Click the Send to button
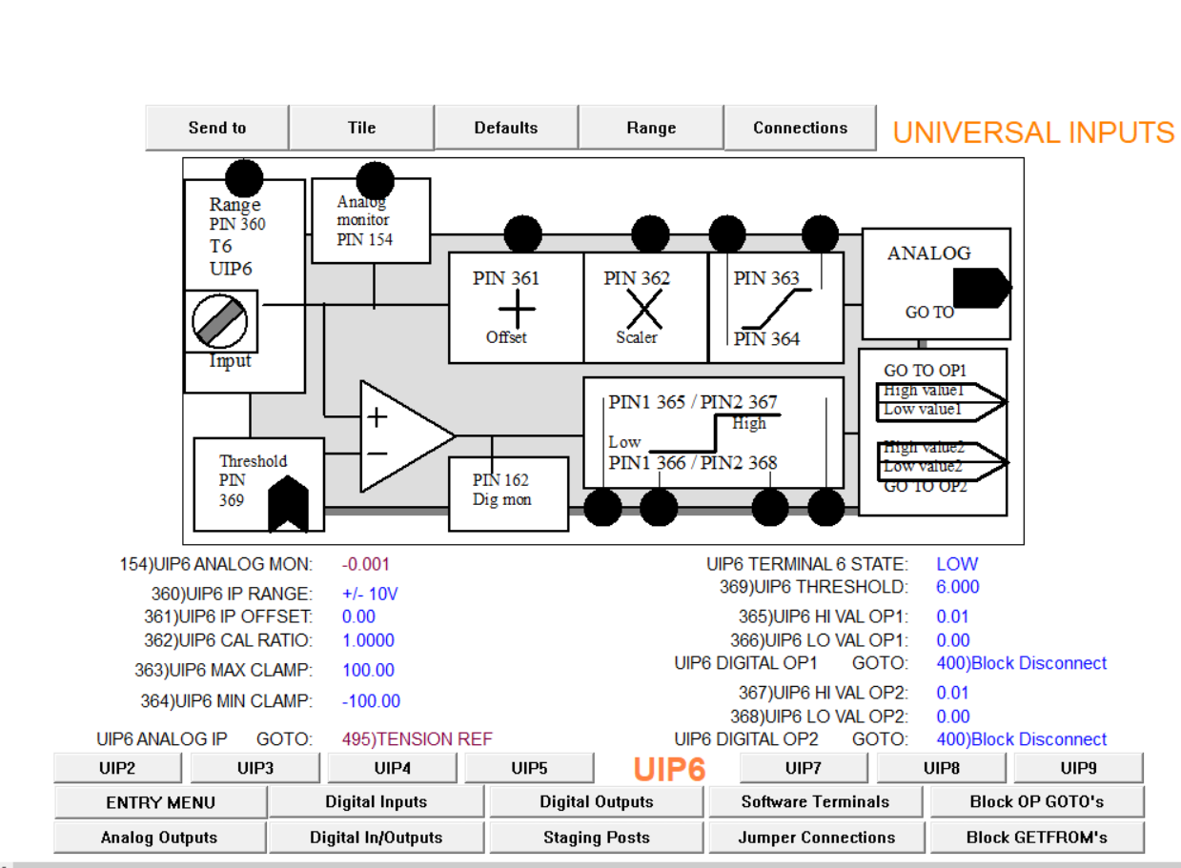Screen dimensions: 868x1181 [x=217, y=128]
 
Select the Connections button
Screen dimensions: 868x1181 [x=800, y=128]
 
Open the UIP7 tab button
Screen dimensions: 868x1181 [x=804, y=768]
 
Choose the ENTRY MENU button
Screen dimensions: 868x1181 [x=160, y=802]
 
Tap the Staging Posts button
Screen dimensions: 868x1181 [x=597, y=838]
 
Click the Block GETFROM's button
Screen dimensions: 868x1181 [x=1036, y=838]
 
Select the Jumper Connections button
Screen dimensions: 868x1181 [x=816, y=838]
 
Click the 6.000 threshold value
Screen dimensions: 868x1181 [x=958, y=587]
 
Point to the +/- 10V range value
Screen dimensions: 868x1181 [x=370, y=594]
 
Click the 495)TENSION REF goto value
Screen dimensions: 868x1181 [x=417, y=739]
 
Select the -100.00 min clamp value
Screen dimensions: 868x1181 [x=371, y=701]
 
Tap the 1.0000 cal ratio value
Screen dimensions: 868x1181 [x=368, y=640]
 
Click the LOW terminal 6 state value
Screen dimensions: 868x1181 [x=957, y=564]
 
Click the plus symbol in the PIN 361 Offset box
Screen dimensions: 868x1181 [x=517, y=309]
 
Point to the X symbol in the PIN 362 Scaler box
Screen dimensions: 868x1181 [x=643, y=309]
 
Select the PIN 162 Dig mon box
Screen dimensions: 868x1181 [x=507, y=492]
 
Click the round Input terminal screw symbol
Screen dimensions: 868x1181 [x=220, y=321]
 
